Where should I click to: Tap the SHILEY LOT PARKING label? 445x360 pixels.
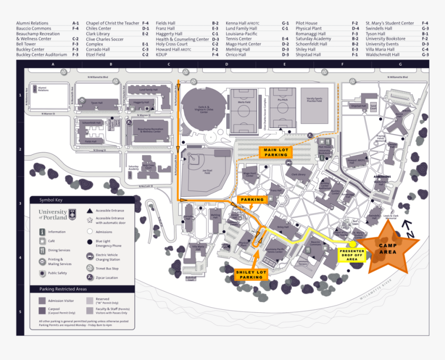[x=252, y=274]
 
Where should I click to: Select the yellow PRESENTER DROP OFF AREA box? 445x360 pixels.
[x=352, y=254]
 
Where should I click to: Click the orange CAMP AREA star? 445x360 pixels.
[x=388, y=249]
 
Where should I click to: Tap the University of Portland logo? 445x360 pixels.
[x=57, y=214]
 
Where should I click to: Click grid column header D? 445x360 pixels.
[x=227, y=65]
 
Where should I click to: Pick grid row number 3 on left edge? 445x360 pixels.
[x=20, y=204]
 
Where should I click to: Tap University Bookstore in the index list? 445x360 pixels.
[x=385, y=39]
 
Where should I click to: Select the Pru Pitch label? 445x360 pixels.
[x=282, y=100]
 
